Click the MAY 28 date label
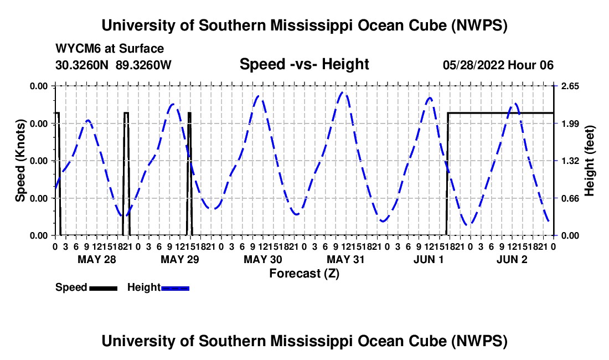pyautogui.click(x=97, y=259)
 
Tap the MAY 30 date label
pyautogui.click(x=262, y=259)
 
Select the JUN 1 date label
pyautogui.click(x=429, y=259)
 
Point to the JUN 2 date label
pyautogui.click(x=512, y=259)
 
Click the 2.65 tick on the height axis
pyautogui.click(x=570, y=86)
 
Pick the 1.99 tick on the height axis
pyautogui.click(x=570, y=124)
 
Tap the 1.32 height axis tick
pyautogui.click(x=570, y=161)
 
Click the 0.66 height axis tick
pyautogui.click(x=570, y=198)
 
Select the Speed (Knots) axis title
pyautogui.click(x=20, y=161)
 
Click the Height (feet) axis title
pyautogui.click(x=589, y=161)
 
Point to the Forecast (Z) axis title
pyautogui.click(x=304, y=274)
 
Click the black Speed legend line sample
pyautogui.click(x=104, y=289)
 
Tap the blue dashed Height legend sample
pyautogui.click(x=175, y=289)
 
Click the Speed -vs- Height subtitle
pyautogui.click(x=304, y=64)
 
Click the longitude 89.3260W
pyautogui.click(x=143, y=65)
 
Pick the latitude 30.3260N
pyautogui.click(x=82, y=65)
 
